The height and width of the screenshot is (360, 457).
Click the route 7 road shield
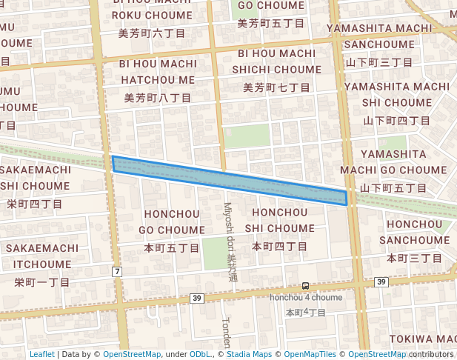[x=117, y=272]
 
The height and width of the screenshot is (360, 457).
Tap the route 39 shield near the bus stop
[x=381, y=282]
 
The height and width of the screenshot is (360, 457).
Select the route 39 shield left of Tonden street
[x=196, y=298]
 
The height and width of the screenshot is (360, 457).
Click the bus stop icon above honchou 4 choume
[x=305, y=286]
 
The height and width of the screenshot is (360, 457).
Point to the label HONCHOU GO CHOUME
[x=172, y=222]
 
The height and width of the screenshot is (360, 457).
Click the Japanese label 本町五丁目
[x=172, y=248]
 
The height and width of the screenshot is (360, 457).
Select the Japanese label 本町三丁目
[x=414, y=258]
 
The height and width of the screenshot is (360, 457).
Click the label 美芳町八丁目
[x=158, y=97]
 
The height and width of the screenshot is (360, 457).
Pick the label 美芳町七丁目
[x=273, y=87]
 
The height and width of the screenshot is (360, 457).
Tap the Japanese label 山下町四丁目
[x=396, y=120]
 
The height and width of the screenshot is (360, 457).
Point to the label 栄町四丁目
[x=35, y=203]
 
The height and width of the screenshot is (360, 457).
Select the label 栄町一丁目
[x=42, y=282]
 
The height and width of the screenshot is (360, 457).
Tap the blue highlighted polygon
[x=230, y=177]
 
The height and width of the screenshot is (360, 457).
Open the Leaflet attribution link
[x=41, y=355]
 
